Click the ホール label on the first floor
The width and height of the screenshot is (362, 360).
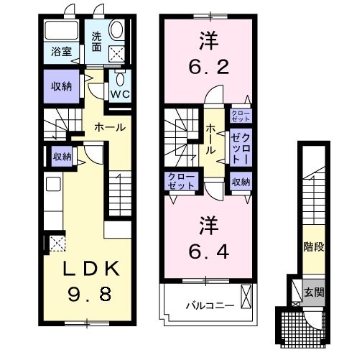[111, 126]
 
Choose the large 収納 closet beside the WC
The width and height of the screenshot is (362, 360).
[61, 86]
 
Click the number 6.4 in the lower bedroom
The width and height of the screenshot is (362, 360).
[207, 251]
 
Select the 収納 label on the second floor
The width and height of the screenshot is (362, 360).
[241, 182]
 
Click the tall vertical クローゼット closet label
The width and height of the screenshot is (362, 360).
[241, 147]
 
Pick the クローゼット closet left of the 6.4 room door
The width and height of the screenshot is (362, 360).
[181, 182]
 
